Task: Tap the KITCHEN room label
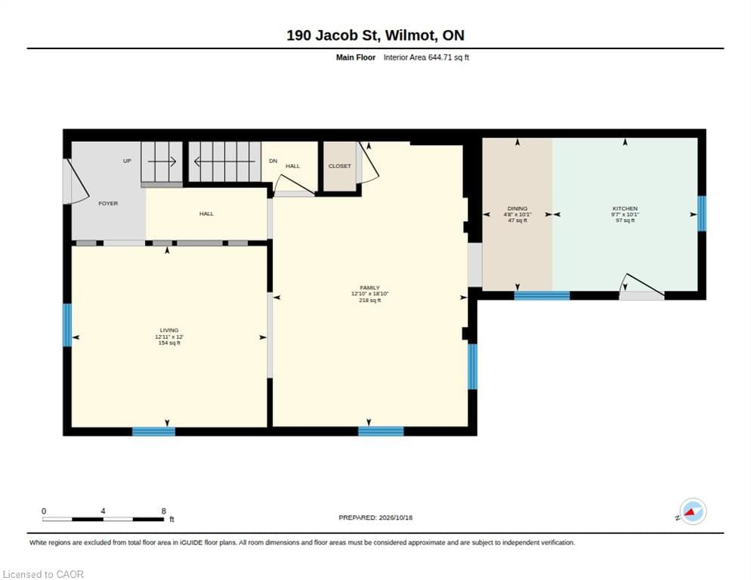click(625, 208)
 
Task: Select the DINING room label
click(518, 208)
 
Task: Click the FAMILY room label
click(369, 288)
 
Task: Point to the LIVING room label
click(169, 330)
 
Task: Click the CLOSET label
click(339, 165)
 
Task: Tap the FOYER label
click(108, 203)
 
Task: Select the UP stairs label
click(127, 161)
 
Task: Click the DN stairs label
click(273, 161)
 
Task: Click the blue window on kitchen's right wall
click(702, 214)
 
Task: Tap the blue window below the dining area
click(542, 295)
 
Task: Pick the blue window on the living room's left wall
click(67, 325)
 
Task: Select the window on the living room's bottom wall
click(153, 431)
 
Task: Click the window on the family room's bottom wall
click(381, 431)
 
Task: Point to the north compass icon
click(693, 511)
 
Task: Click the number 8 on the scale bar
click(164, 511)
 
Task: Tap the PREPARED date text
click(375, 517)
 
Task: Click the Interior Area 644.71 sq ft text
click(426, 57)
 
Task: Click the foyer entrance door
click(76, 181)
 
